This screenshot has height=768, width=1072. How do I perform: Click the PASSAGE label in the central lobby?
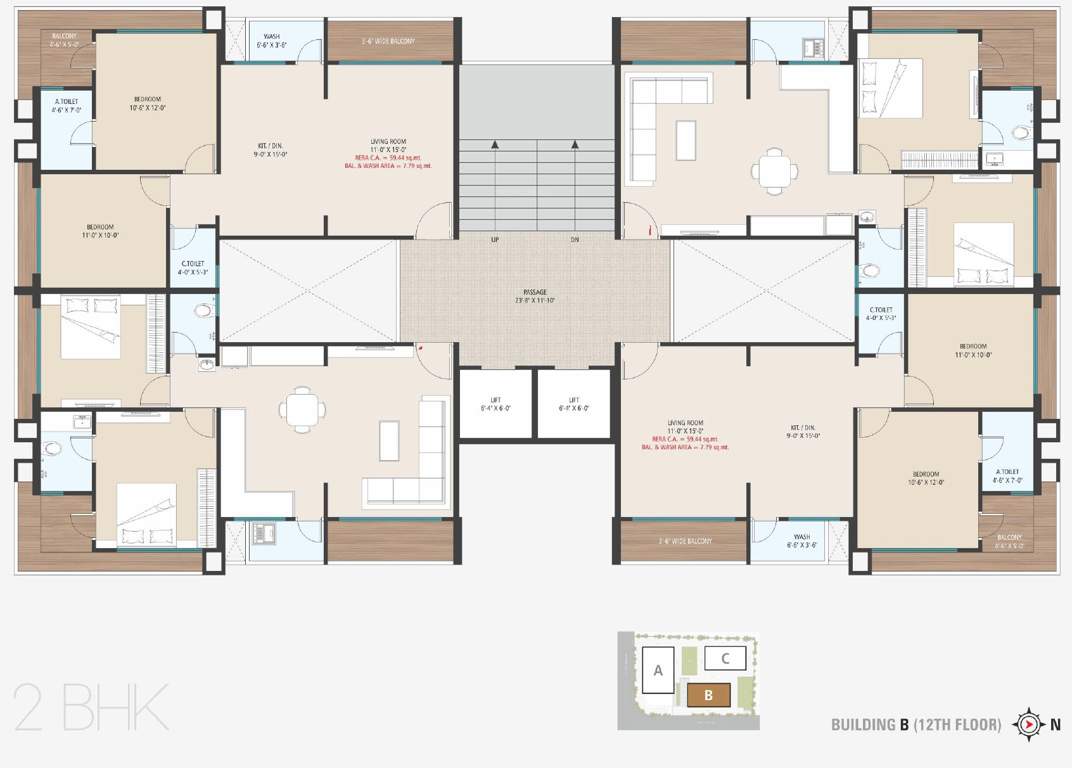[x=535, y=291]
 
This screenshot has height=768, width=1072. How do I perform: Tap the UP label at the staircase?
[x=494, y=240]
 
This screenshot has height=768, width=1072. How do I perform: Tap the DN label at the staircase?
[x=574, y=240]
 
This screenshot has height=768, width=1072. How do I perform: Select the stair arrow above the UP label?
[x=494, y=147]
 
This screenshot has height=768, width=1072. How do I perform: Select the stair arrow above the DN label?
[x=574, y=147]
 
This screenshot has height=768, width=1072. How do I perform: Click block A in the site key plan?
[x=658, y=672]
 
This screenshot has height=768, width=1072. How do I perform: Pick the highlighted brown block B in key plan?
[x=708, y=695]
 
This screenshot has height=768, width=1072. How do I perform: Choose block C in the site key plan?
[x=725, y=658]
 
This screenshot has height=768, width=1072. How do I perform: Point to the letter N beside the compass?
[x=1055, y=725]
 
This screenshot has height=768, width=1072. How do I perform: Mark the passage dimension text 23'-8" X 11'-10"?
[x=535, y=300]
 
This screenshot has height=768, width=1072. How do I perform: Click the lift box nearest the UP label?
[x=496, y=403]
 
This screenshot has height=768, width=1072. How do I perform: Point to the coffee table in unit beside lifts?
[x=388, y=440]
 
